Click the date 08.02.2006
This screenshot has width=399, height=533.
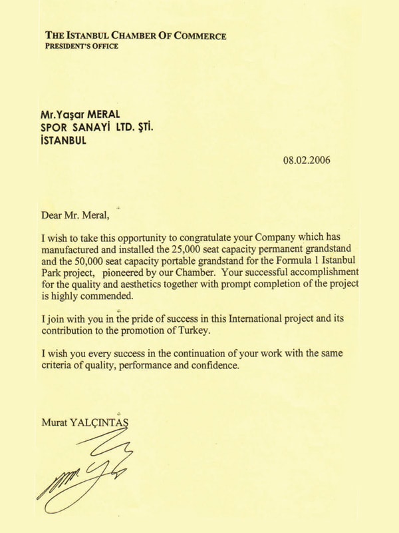point(307,160)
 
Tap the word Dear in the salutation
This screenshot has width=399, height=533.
point(53,215)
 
